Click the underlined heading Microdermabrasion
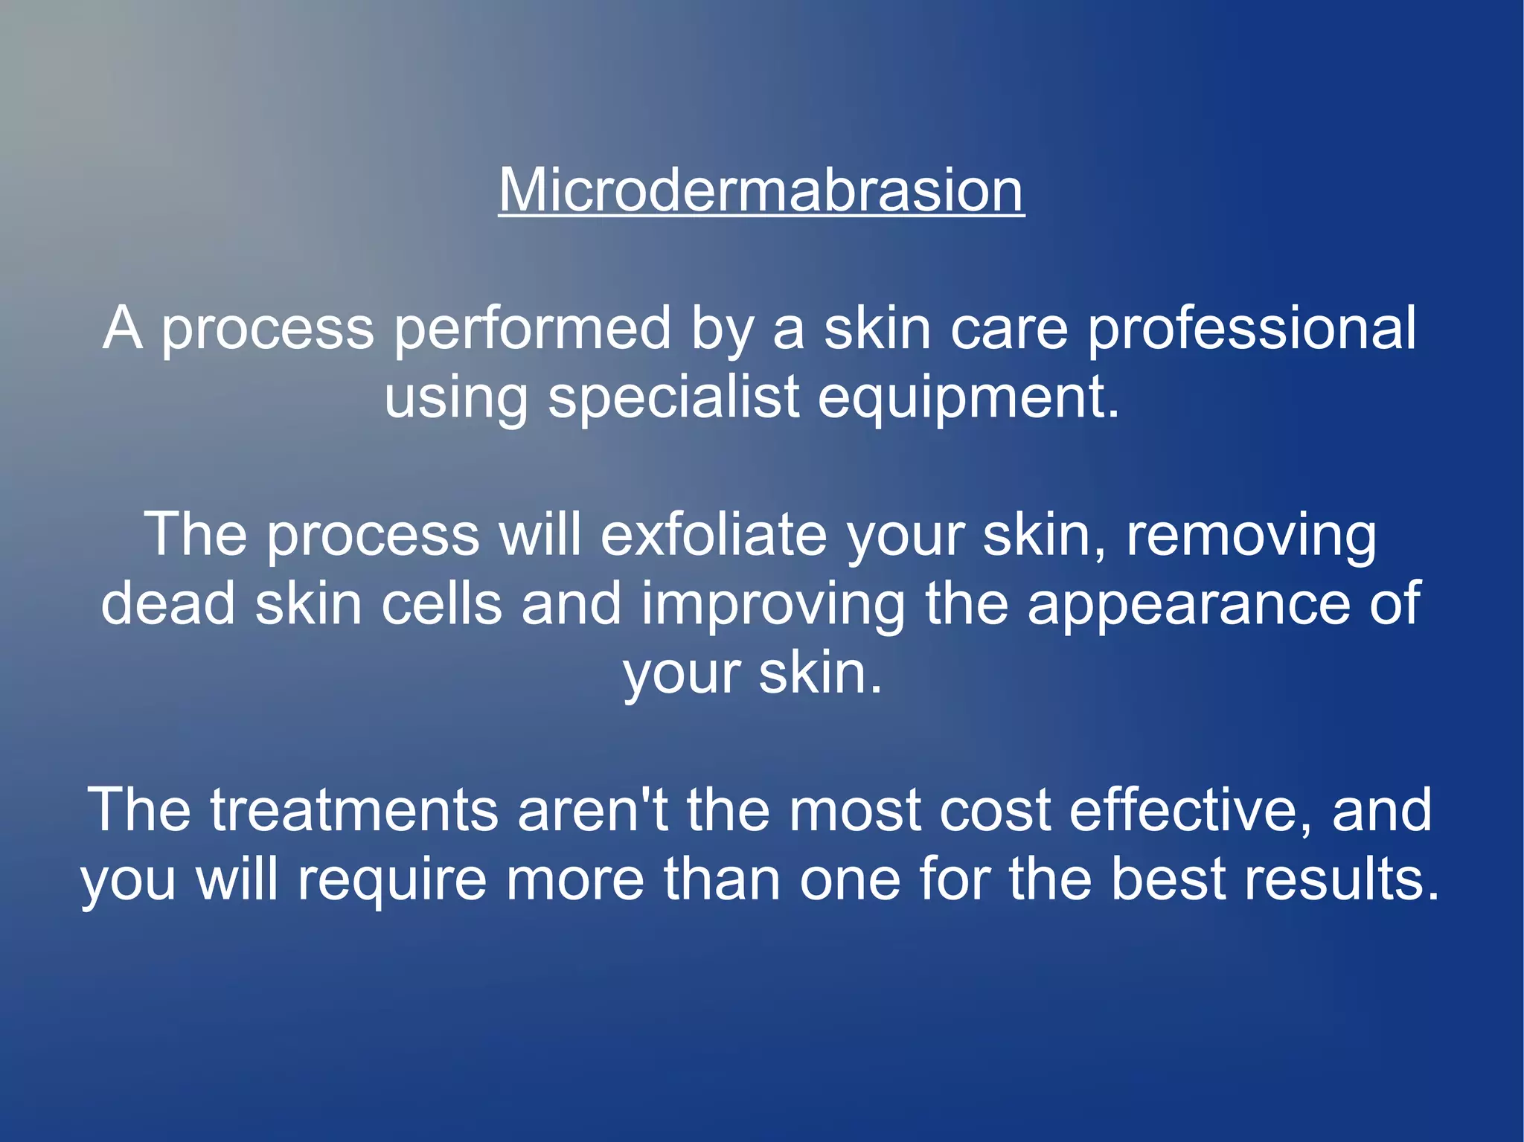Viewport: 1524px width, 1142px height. click(x=761, y=190)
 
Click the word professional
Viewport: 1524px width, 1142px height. click(x=1252, y=329)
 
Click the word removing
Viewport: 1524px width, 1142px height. click(x=1251, y=536)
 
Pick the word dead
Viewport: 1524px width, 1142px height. click(x=168, y=603)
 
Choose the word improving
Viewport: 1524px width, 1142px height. click(x=773, y=605)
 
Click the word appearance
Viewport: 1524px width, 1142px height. click(x=1188, y=605)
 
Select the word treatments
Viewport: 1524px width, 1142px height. click(x=354, y=810)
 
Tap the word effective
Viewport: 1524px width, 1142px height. click(x=1191, y=810)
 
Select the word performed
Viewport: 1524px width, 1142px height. click(x=532, y=329)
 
